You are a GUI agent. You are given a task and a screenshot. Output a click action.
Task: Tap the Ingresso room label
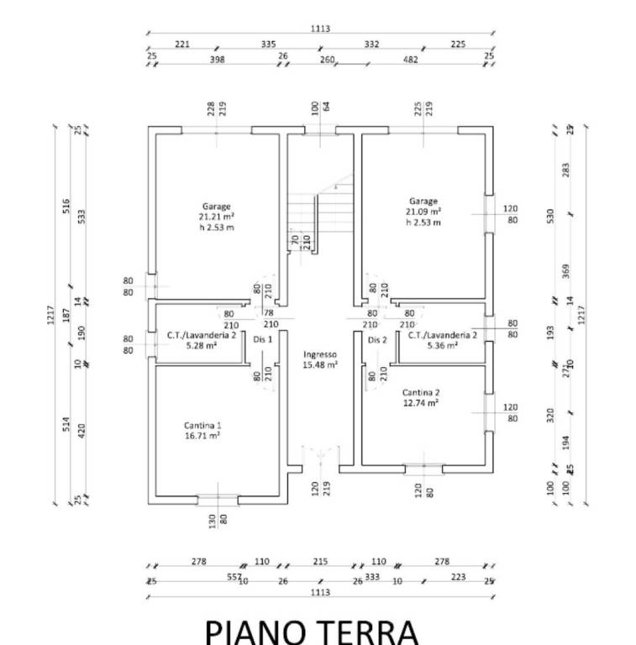(x=320, y=354)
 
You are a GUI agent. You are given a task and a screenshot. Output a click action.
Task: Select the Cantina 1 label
(x=202, y=426)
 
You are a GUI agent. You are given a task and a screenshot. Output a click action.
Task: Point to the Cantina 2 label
(x=421, y=392)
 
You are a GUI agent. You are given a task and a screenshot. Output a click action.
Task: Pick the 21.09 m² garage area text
(x=423, y=212)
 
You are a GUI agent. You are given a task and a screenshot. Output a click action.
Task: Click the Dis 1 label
(x=263, y=339)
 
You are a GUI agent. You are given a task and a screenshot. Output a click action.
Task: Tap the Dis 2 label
(x=376, y=339)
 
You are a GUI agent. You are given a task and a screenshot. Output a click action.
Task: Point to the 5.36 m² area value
(x=442, y=345)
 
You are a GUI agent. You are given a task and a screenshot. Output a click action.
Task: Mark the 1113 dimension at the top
(x=320, y=29)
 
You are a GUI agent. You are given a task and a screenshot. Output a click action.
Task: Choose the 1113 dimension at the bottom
(x=320, y=593)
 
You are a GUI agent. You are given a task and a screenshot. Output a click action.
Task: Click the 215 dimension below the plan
(x=320, y=562)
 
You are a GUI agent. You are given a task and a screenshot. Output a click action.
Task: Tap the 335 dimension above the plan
(x=268, y=44)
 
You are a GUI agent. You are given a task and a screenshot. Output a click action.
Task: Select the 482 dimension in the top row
(x=411, y=59)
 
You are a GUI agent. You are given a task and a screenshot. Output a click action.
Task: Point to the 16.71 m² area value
(x=202, y=437)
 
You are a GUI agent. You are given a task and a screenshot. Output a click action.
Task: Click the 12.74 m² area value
(x=421, y=403)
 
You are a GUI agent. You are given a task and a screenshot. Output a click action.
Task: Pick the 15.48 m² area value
(x=320, y=365)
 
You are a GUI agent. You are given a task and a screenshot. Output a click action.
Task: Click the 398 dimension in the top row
(x=218, y=59)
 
